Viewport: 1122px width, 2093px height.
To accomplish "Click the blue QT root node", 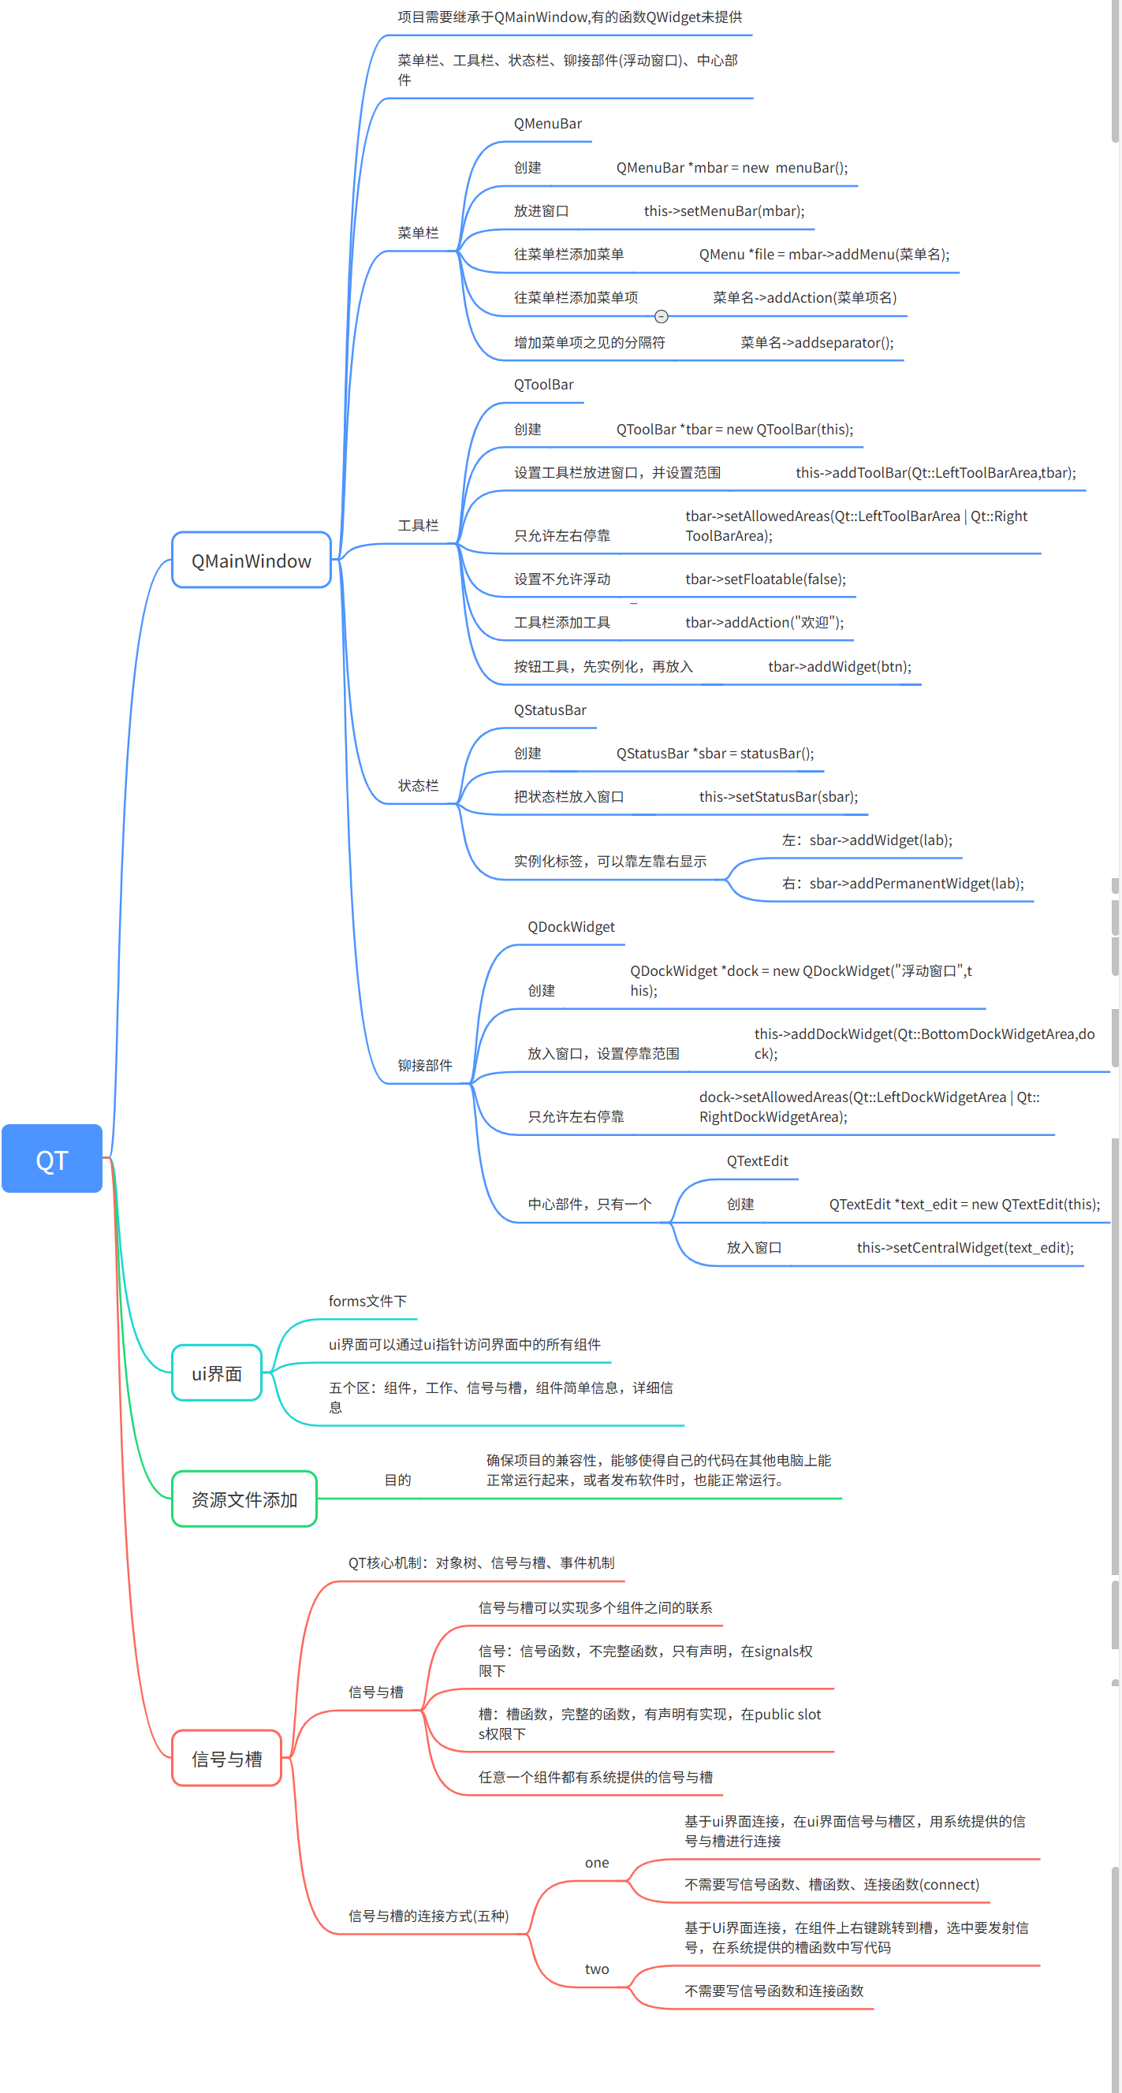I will click(x=52, y=1159).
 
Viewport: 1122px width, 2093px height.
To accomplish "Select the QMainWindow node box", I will click(x=251, y=560).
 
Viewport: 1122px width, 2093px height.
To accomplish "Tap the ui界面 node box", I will click(x=217, y=1373).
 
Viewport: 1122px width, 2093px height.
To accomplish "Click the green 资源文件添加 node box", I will click(x=244, y=1499).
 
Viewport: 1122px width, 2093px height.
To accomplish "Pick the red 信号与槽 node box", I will click(x=226, y=1758).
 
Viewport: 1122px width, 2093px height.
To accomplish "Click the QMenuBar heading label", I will click(x=547, y=124).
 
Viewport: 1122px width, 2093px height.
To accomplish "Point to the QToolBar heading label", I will click(x=543, y=385).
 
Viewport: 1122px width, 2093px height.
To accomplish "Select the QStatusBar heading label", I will click(x=550, y=710).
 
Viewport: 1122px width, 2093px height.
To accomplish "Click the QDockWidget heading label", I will click(x=571, y=927).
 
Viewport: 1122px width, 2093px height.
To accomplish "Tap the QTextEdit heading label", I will click(x=757, y=1161).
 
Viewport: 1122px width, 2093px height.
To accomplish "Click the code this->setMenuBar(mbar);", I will click(x=724, y=211).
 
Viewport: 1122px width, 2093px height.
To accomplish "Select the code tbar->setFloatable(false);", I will click(x=766, y=579).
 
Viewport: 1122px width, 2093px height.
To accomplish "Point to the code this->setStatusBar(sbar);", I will click(x=778, y=797).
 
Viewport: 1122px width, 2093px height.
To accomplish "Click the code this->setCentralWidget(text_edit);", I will click(x=965, y=1248).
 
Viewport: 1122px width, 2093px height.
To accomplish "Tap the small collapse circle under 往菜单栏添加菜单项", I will click(x=662, y=317).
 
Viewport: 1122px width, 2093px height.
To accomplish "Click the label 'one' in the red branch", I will click(x=597, y=1863).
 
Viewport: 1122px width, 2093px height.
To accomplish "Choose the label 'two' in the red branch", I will click(x=597, y=1969).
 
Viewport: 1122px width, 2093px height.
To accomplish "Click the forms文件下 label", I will click(x=367, y=1302).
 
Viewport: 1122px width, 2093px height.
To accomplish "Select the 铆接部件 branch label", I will click(x=425, y=1065).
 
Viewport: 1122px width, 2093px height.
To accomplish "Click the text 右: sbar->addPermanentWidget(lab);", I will click(x=903, y=884).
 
